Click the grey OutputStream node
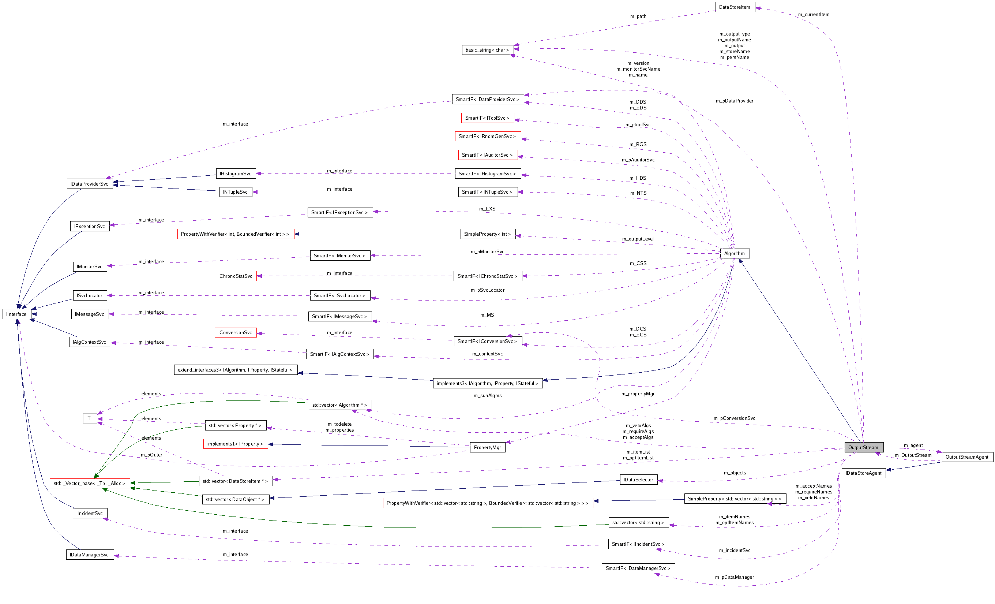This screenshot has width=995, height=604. (863, 447)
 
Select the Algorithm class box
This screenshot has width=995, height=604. (735, 253)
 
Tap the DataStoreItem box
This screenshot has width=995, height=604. (735, 7)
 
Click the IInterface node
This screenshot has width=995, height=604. (16, 314)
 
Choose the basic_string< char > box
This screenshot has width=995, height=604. (487, 50)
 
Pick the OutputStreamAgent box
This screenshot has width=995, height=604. (967, 457)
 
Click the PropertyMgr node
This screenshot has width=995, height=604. (487, 447)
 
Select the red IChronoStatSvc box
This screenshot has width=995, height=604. (236, 276)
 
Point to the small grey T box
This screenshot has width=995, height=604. (89, 418)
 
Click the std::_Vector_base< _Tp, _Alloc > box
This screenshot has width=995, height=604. (90, 483)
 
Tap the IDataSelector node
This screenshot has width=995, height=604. (638, 480)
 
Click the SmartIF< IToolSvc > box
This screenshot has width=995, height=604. (487, 118)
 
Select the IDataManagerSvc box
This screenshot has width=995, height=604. (89, 555)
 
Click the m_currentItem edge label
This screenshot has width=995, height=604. (814, 15)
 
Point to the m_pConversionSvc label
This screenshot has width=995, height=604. (734, 418)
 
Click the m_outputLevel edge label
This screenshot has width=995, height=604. (638, 239)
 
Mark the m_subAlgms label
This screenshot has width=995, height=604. (487, 396)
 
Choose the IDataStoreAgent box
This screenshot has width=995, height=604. (863, 473)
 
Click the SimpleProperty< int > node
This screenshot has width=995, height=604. (487, 234)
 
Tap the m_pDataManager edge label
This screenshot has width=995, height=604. (734, 577)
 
